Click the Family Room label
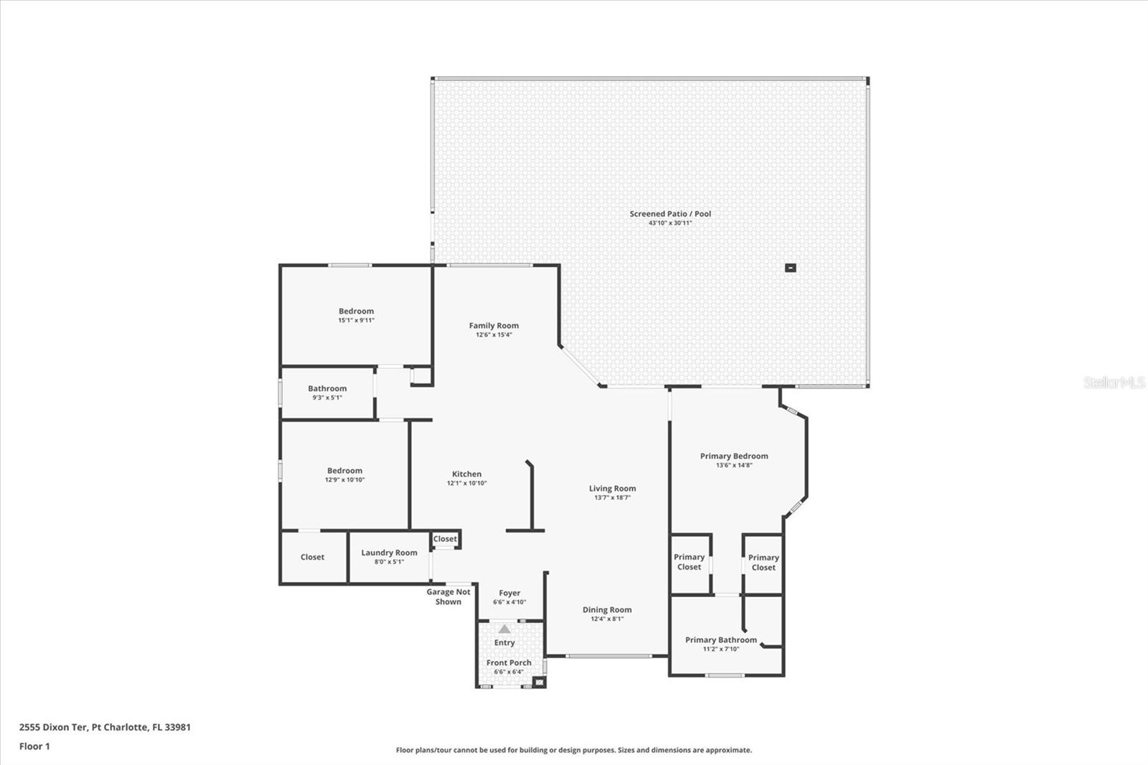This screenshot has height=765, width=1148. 494,326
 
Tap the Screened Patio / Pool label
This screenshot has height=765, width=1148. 670,214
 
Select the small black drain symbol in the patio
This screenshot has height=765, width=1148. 790,268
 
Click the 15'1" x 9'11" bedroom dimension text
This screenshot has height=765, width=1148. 356,321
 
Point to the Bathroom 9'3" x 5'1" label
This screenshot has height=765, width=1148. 327,393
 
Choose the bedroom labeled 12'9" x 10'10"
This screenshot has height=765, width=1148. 344,475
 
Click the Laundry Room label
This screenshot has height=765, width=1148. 389,553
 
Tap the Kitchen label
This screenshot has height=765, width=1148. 466,474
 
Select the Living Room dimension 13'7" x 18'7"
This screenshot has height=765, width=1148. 612,497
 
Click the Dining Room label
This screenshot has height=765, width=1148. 607,610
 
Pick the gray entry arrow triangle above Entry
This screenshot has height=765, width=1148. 505,629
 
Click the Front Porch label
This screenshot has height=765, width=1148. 509,663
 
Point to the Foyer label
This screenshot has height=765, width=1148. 509,593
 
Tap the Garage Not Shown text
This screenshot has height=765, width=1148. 448,596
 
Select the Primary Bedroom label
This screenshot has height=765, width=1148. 734,456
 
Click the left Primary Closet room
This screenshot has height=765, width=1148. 689,562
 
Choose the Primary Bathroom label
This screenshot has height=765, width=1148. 720,640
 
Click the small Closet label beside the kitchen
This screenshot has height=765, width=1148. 445,539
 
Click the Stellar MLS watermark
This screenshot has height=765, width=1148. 1114,382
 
